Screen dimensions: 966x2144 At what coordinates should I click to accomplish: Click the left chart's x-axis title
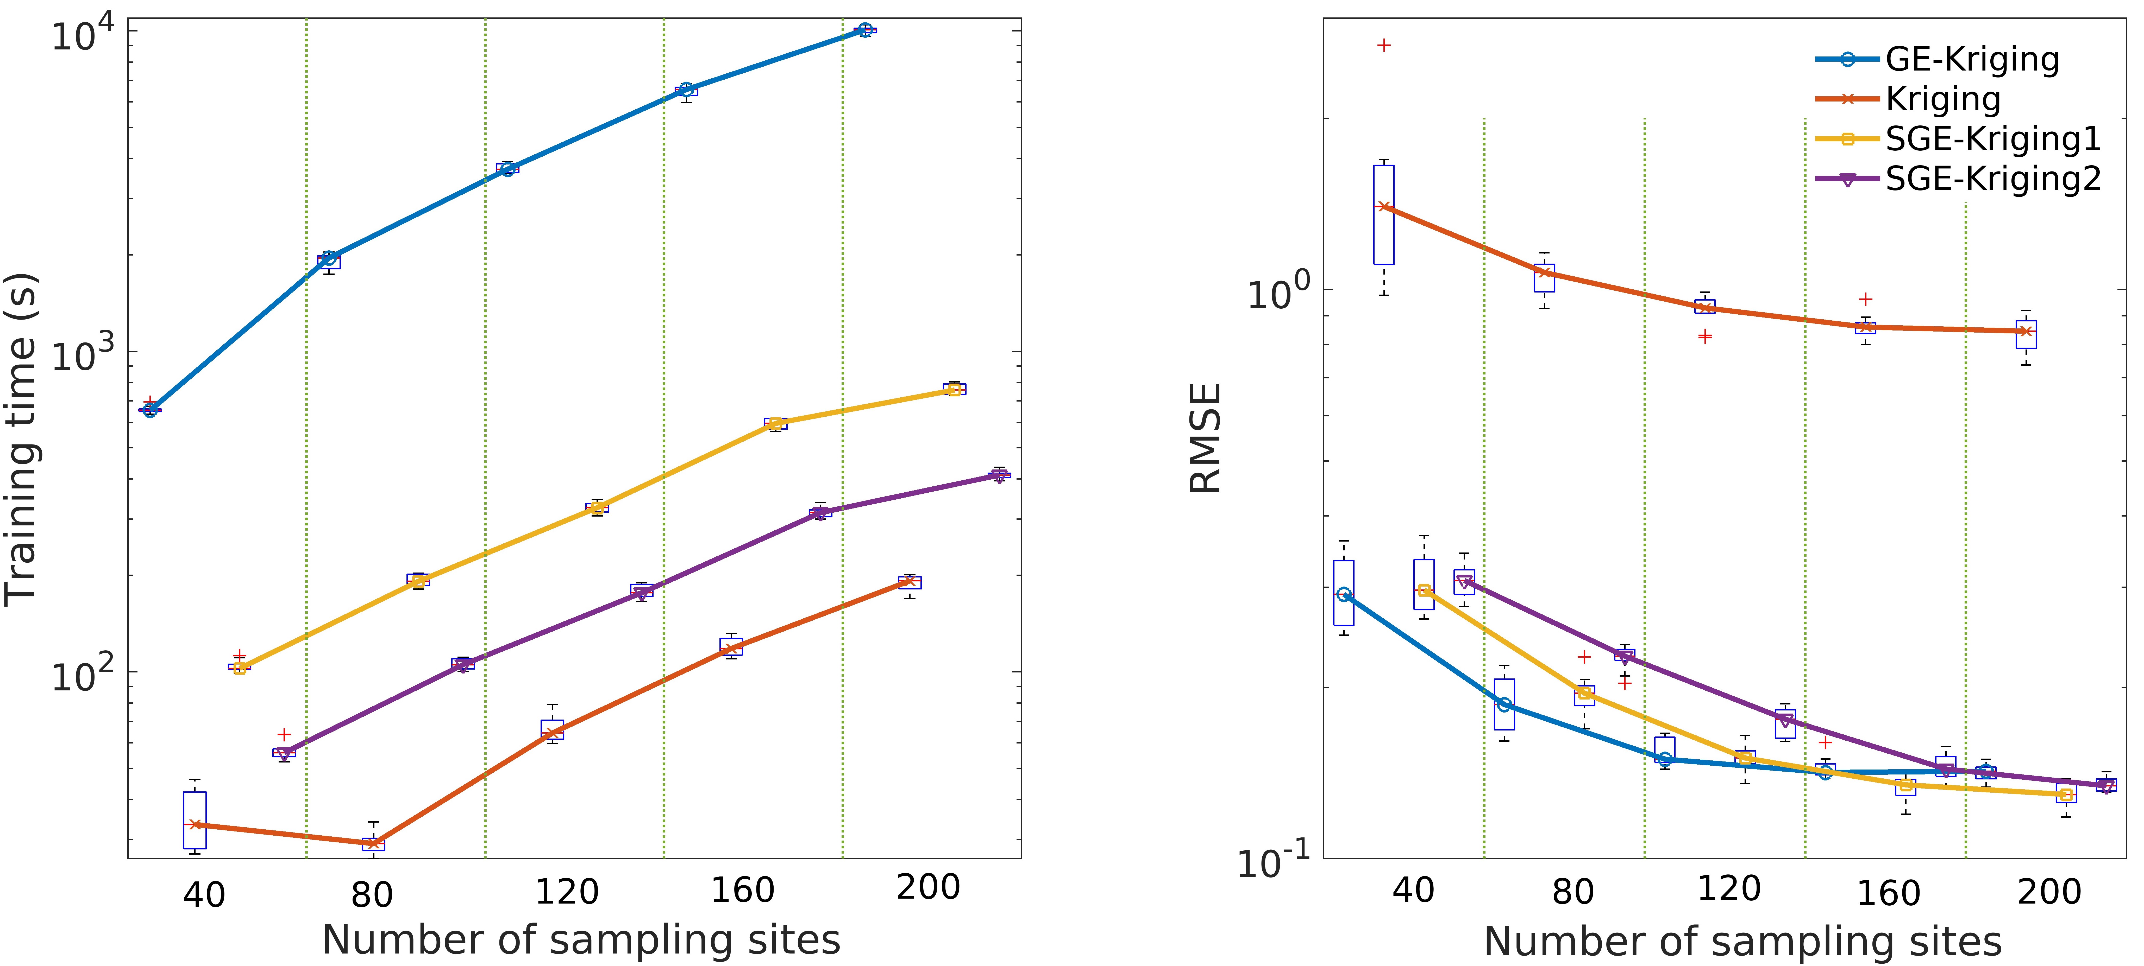581,940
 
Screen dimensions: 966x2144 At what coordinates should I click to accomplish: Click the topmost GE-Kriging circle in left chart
866,30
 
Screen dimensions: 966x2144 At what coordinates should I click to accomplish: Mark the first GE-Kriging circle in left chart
150,409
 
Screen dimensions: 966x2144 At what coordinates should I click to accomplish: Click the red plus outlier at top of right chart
1384,45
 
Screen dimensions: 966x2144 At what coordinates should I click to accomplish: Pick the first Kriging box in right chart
1383,215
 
